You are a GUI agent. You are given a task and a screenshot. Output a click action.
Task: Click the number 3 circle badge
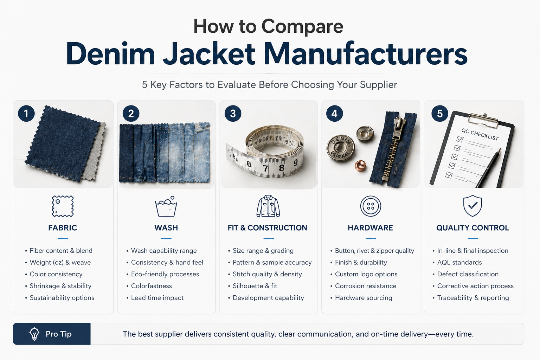click(x=233, y=114)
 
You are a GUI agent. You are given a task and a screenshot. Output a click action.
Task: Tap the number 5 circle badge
click(x=440, y=113)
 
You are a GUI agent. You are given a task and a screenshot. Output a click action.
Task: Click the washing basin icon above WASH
click(x=166, y=206)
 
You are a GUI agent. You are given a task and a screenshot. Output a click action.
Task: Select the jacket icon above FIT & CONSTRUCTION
click(x=268, y=206)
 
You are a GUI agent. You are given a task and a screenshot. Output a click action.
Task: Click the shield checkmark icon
click(x=472, y=206)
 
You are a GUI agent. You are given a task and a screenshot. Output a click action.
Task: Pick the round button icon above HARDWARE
click(x=371, y=206)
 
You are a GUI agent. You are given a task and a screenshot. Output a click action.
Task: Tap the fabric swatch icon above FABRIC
click(x=63, y=206)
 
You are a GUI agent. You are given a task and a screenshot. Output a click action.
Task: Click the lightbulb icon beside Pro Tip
click(x=34, y=334)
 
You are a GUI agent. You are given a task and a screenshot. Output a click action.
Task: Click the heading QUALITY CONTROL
click(x=472, y=227)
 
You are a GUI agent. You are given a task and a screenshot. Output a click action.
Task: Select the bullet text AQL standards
click(x=459, y=262)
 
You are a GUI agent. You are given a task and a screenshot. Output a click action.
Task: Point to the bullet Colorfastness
click(x=152, y=286)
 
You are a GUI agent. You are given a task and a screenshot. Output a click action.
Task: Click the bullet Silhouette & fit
click(x=255, y=286)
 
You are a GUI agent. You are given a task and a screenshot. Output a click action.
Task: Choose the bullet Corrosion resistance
click(x=366, y=286)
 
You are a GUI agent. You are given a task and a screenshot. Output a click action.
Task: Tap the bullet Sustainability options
click(x=62, y=298)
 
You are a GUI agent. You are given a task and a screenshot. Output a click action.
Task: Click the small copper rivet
click(x=360, y=166)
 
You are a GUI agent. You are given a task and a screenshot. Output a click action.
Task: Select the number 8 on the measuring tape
click(x=281, y=168)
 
